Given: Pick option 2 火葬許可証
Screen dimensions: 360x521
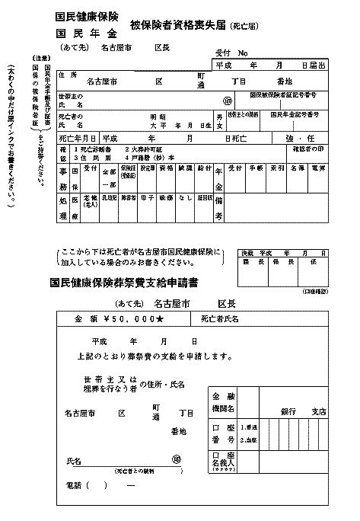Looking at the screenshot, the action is point(149,149).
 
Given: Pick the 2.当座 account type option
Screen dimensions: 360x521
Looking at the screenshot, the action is point(250,440).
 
